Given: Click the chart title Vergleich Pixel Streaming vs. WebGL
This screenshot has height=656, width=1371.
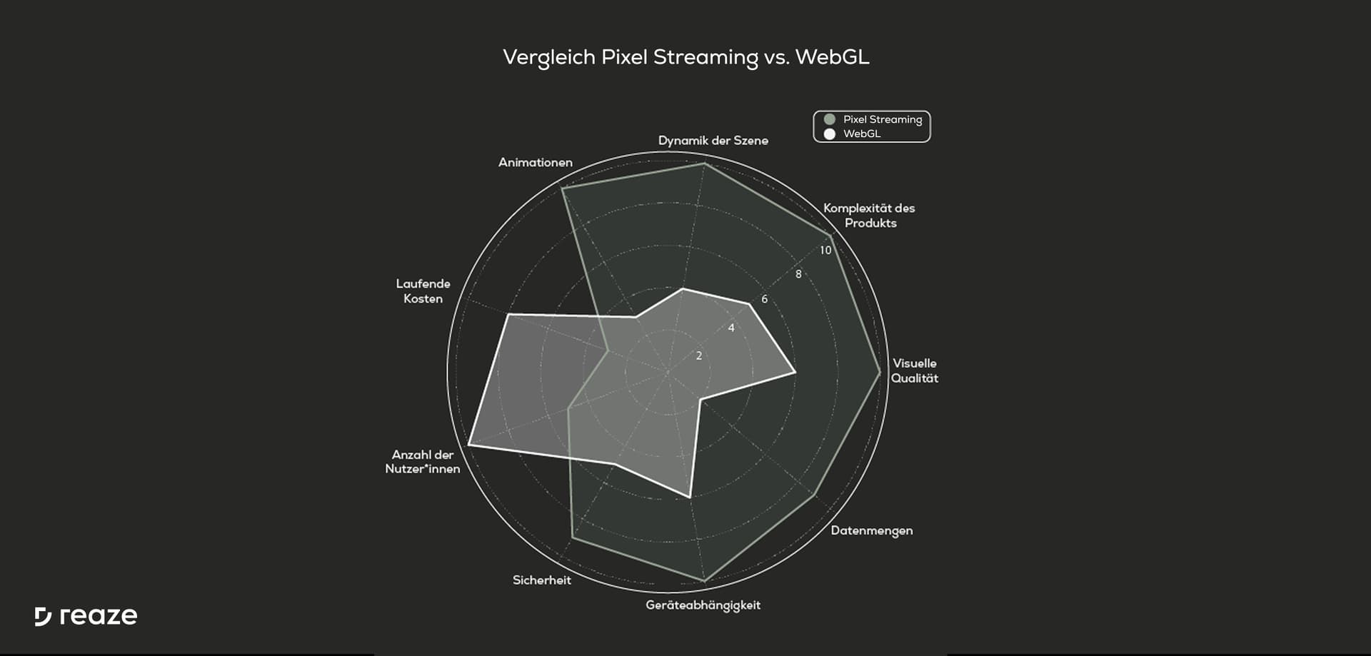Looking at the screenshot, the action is click(686, 57).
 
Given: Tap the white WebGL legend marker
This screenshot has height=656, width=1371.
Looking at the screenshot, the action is click(830, 133).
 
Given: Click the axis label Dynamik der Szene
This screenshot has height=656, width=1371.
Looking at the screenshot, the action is click(713, 141).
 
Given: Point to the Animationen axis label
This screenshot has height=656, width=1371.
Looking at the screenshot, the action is click(536, 162).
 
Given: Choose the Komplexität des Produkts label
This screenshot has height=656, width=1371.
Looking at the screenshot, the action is click(869, 216).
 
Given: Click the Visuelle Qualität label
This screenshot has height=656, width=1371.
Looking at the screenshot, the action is click(915, 370).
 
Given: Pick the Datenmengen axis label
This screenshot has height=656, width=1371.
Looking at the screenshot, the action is click(872, 530).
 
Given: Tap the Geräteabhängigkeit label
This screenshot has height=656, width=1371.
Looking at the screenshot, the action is click(703, 605).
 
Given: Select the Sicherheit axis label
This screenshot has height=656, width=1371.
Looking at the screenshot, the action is click(542, 580).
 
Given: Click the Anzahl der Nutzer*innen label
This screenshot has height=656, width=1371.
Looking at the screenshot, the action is click(423, 462).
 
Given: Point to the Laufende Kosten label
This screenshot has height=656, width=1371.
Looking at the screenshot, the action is click(423, 291).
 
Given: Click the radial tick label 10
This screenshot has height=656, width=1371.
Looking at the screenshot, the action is click(825, 251).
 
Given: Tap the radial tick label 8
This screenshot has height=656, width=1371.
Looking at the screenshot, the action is click(798, 274).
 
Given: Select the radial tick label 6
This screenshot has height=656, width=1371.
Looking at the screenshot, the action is click(764, 299).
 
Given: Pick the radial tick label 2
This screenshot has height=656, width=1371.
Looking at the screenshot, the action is click(699, 355).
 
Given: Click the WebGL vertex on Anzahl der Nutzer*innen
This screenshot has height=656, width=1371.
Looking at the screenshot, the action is click(468, 445).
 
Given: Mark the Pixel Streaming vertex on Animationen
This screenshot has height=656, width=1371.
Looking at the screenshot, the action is click(563, 188).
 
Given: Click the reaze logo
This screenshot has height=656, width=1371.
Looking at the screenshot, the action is click(86, 617).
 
